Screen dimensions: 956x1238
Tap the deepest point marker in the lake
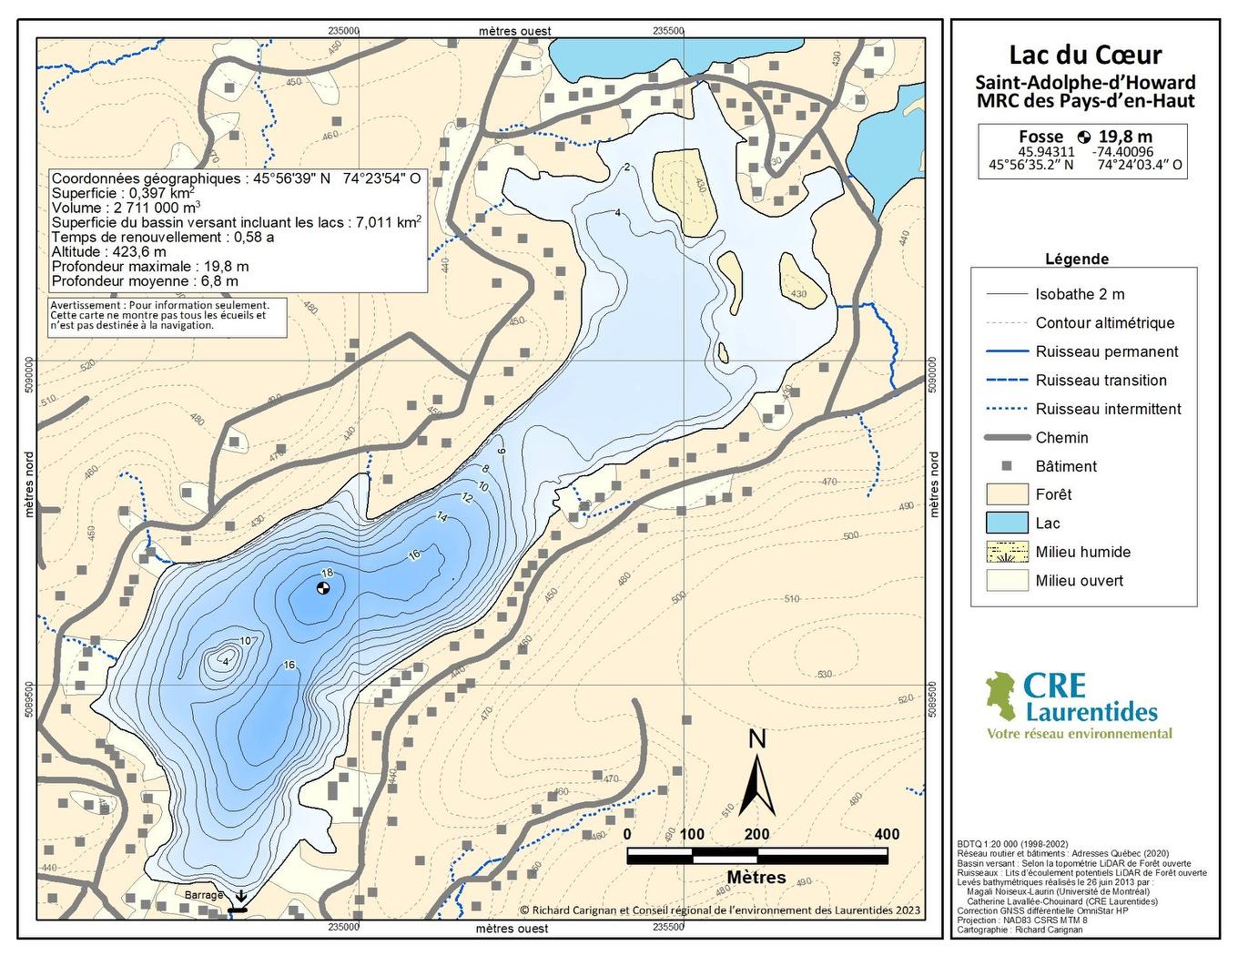click(322, 587)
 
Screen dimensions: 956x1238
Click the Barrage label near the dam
click(204, 895)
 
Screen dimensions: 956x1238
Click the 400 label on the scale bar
click(886, 834)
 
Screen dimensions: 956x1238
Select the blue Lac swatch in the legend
click(1005, 523)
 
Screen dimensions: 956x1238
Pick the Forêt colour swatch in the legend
click(1005, 494)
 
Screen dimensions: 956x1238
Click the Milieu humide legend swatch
click(1005, 552)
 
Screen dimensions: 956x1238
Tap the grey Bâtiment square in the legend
click(1006, 465)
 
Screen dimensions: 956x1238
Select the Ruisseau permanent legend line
click(1005, 351)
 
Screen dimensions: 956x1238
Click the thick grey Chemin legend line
click(1005, 437)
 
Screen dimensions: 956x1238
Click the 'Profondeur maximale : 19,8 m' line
click(150, 267)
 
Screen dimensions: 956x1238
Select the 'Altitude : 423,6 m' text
click(109, 252)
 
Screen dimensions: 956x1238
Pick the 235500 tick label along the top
click(668, 30)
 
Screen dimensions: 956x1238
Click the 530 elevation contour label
click(824, 675)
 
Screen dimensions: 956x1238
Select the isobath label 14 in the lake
click(442, 517)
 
